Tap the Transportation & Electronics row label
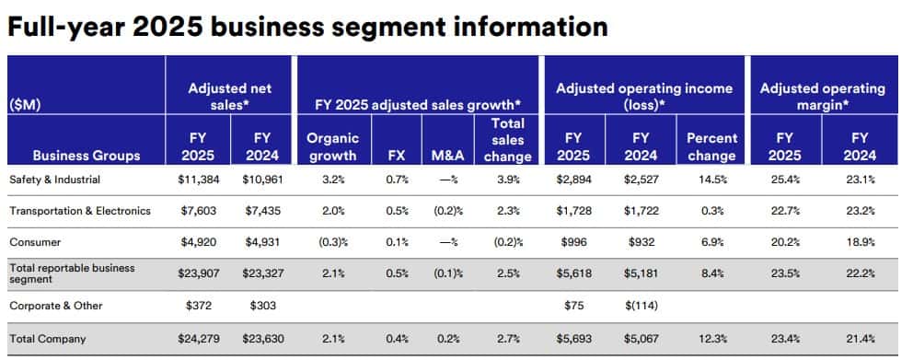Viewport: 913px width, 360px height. [79, 211]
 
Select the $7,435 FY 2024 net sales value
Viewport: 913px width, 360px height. [261, 211]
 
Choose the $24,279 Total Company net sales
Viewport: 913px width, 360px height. [197, 339]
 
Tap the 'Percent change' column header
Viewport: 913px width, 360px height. [711, 146]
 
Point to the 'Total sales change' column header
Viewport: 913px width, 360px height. [508, 139]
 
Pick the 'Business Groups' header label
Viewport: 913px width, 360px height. [86, 156]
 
